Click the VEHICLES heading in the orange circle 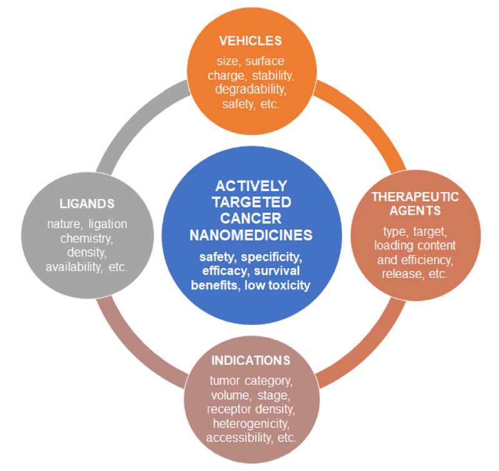250,41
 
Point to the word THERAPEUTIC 415,197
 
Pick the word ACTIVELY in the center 250,186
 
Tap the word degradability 250,90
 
